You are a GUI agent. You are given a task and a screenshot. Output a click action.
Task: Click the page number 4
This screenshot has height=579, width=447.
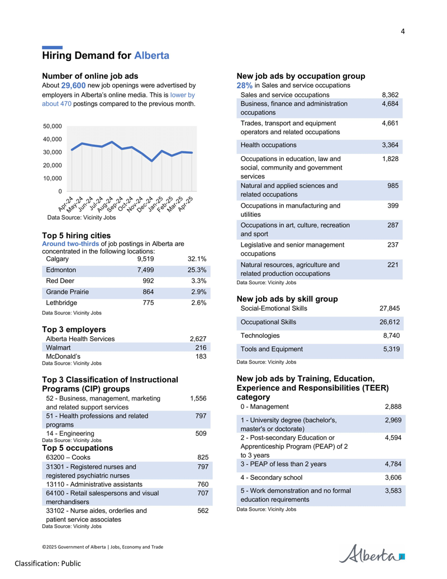[x=403, y=31]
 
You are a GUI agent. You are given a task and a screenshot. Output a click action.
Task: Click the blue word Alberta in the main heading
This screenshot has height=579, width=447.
[x=151, y=55]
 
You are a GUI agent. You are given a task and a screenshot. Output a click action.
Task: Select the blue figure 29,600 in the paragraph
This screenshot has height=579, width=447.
[x=73, y=86]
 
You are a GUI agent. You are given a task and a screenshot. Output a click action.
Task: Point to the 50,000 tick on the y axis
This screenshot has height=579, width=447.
[x=53, y=126]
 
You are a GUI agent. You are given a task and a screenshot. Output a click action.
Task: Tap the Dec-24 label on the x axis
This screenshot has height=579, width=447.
[x=145, y=204]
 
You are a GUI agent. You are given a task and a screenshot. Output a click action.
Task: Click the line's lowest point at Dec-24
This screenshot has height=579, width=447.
[x=152, y=161]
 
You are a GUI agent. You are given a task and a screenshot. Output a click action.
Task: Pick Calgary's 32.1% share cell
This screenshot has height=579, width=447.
[x=197, y=259]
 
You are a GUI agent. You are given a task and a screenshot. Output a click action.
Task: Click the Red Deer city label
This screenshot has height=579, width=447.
[x=60, y=281]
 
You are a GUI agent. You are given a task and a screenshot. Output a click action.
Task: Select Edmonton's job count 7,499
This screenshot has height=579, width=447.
[x=145, y=270]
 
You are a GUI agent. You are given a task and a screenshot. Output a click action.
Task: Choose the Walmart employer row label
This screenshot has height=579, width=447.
[x=58, y=347]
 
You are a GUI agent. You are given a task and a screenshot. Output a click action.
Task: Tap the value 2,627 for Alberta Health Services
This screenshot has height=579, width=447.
[x=198, y=338]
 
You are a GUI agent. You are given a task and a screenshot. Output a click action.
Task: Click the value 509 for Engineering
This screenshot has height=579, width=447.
[x=201, y=434]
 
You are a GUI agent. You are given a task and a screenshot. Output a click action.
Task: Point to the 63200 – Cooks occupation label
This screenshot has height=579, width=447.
[x=68, y=457]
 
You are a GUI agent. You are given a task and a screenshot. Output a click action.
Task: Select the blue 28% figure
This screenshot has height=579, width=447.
[x=245, y=86]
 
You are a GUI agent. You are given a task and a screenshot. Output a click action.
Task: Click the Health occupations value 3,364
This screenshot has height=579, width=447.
[x=390, y=145]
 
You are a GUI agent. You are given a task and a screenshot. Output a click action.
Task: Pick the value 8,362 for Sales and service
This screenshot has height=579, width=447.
[x=390, y=95]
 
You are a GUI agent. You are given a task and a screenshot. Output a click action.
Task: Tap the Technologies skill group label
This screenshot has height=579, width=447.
[x=260, y=336]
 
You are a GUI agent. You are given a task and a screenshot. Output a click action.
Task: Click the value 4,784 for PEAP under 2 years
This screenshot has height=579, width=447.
[x=393, y=464]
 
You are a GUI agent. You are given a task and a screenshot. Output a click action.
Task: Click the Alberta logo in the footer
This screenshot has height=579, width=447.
[x=372, y=553]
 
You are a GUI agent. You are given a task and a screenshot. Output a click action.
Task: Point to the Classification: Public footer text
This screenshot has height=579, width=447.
[x=48, y=563]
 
